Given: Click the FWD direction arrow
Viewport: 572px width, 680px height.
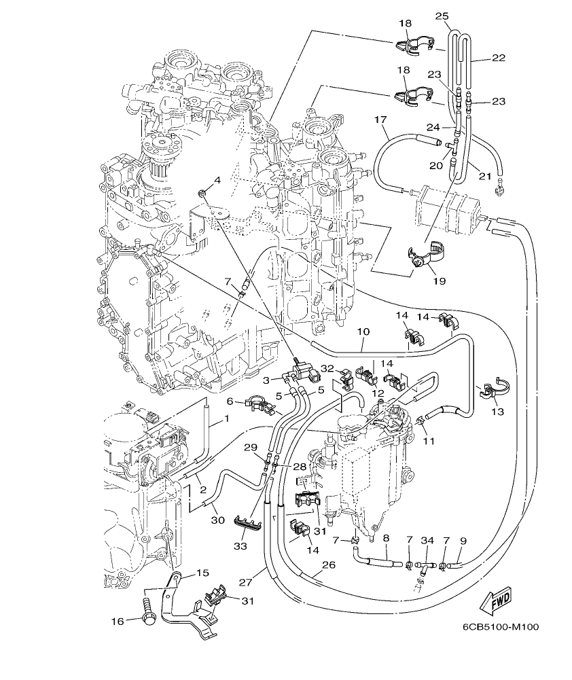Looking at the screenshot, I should click(x=495, y=601).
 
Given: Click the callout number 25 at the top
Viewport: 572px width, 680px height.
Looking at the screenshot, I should click(x=443, y=16).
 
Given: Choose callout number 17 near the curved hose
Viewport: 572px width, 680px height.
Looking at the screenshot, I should click(x=380, y=120).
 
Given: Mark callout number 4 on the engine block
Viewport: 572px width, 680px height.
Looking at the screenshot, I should click(x=217, y=179).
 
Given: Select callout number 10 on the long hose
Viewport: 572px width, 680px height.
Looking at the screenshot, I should click(x=363, y=332).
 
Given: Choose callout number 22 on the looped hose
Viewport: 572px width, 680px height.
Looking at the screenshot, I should click(x=499, y=58).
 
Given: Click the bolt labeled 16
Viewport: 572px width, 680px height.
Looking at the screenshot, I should click(x=148, y=611).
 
